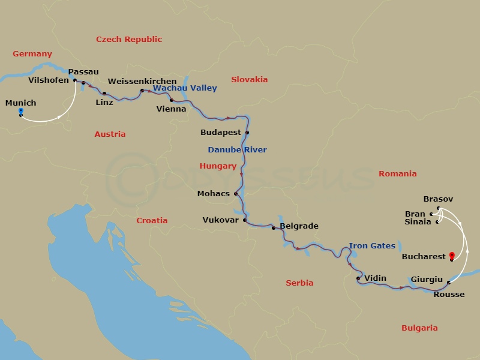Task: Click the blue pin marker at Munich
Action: click(x=21, y=112)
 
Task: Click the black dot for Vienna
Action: click(x=172, y=100)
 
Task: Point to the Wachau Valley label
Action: click(x=185, y=88)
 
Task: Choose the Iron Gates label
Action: click(x=372, y=245)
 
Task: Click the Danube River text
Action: click(x=237, y=149)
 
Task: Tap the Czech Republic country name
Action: click(x=129, y=39)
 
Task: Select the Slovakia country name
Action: click(x=249, y=79)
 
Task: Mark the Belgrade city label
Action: click(x=299, y=226)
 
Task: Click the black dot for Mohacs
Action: click(x=236, y=193)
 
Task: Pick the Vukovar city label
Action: click(x=220, y=220)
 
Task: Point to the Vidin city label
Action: click(x=376, y=278)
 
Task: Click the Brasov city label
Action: click(x=438, y=199)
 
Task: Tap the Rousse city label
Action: click(x=449, y=294)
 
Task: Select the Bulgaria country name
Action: click(x=419, y=328)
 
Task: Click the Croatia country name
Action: click(x=152, y=220)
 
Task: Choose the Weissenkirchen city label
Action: click(x=142, y=81)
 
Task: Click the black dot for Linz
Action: click(x=104, y=94)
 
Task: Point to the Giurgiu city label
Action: click(x=427, y=280)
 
